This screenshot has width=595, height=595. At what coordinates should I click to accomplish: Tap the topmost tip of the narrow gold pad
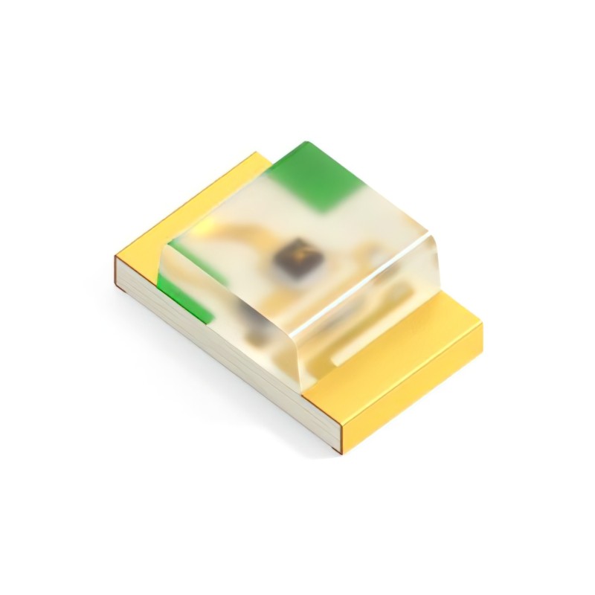(257, 153)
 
